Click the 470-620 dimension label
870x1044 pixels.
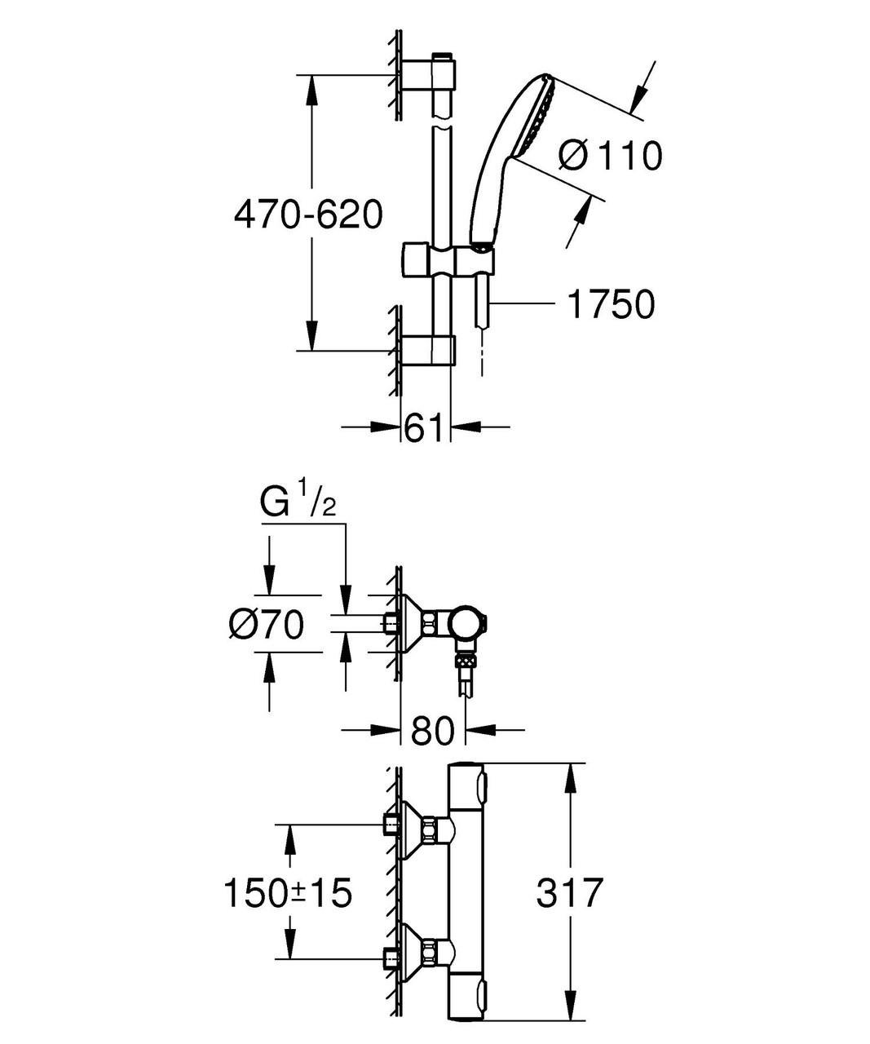point(307,215)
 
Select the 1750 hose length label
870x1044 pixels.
point(611,305)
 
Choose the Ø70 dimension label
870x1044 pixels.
point(266,626)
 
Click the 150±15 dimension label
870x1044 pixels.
point(288,892)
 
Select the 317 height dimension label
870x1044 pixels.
point(569,892)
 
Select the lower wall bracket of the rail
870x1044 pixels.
point(427,350)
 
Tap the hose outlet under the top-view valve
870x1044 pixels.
point(466,673)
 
